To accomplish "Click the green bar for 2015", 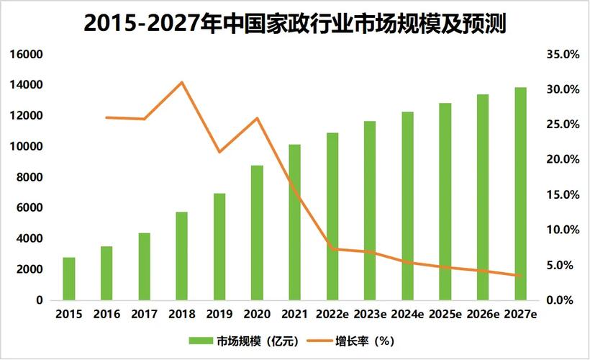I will (68, 279).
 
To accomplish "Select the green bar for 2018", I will (181, 256).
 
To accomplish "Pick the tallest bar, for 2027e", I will (520, 194).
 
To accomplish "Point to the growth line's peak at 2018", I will (182, 82).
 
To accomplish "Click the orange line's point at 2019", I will (219, 152).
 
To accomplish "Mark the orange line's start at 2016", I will (106, 117).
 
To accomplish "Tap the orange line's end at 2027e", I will (520, 276).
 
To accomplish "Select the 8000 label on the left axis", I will (31, 177).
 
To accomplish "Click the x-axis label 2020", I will (257, 315).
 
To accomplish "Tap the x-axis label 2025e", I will (445, 315).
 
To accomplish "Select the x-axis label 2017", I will (144, 315).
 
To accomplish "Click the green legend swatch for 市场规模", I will (202, 340).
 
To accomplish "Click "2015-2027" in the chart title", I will (136, 24).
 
